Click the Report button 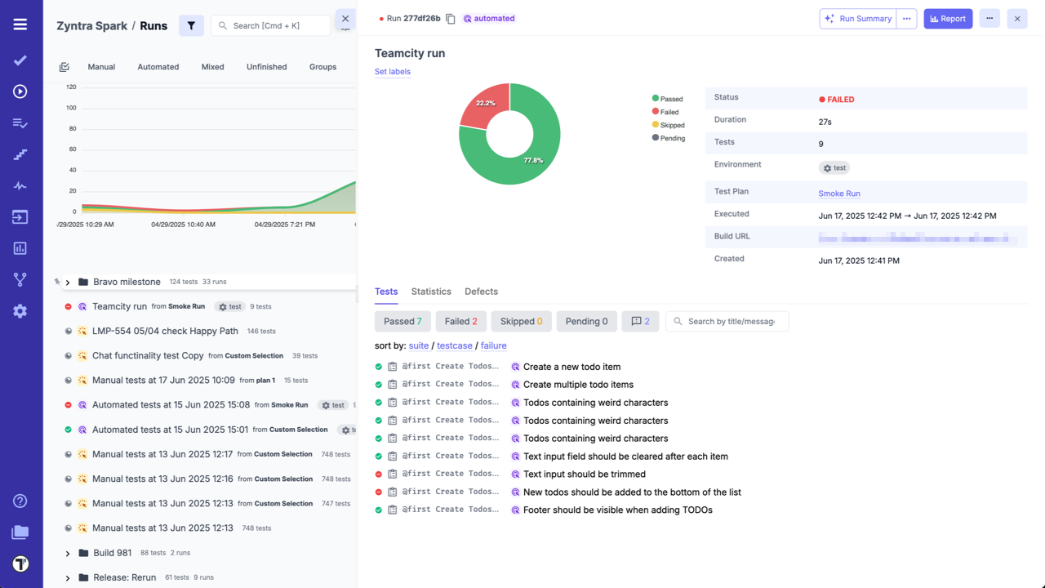(948, 19)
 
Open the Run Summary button (858, 19)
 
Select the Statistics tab (431, 292)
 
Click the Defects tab (481, 292)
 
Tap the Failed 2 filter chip (461, 322)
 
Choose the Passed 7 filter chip (402, 322)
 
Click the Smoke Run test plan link (839, 194)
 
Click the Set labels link (393, 72)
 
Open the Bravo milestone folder (127, 282)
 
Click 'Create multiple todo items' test (578, 385)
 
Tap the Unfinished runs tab (266, 67)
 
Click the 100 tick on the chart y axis (71, 108)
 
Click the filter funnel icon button (191, 25)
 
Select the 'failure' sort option (493, 345)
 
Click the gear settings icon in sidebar (20, 311)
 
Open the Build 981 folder (112, 553)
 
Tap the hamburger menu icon (20, 24)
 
